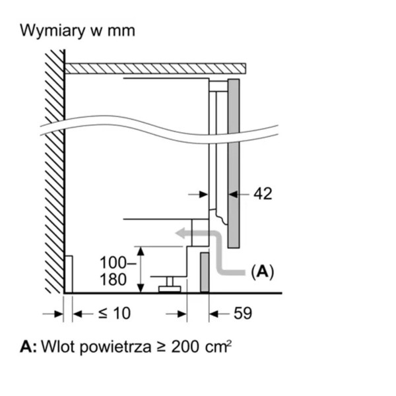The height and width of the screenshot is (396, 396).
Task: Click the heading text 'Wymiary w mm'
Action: pos(77,31)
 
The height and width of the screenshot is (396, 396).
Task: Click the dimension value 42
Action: pos(262,193)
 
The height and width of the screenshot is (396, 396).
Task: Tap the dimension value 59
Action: pos(243,313)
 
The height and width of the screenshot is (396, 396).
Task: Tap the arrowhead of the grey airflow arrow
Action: pos(180,232)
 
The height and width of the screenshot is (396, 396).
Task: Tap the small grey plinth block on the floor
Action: pos(205,271)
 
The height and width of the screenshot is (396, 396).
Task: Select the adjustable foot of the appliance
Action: pos(170,284)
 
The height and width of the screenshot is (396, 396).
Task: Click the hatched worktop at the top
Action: pos(155,67)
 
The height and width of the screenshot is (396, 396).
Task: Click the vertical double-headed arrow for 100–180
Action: pos(141,269)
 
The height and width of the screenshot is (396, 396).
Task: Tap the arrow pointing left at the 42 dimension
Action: pos(238,193)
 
